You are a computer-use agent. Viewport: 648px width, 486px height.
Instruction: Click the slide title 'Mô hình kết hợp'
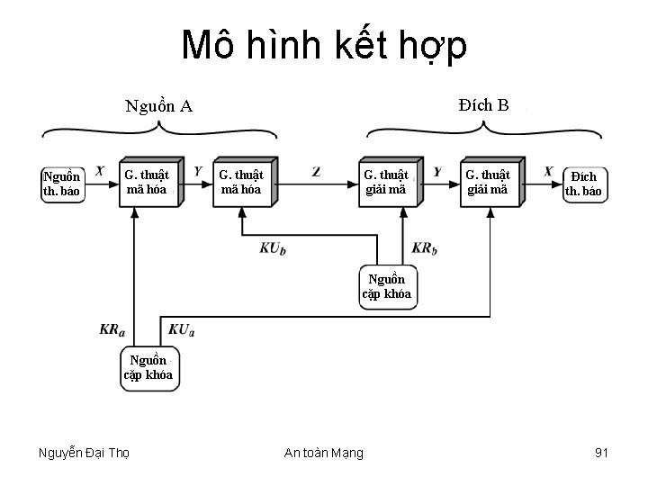tap(324, 46)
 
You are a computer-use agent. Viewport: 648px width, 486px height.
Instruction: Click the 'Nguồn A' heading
tap(159, 106)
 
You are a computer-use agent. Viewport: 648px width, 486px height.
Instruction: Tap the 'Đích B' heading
tap(482, 105)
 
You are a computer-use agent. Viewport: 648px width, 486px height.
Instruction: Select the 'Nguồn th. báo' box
tap(62, 183)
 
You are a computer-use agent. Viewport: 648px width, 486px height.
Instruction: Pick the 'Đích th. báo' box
tap(583, 183)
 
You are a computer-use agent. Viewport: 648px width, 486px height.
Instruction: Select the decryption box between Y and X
tap(488, 181)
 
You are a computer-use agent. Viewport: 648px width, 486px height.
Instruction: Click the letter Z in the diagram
tap(316, 171)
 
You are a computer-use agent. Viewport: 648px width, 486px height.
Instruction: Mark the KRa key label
tap(112, 330)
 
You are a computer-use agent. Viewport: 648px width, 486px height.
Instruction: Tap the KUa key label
tap(180, 330)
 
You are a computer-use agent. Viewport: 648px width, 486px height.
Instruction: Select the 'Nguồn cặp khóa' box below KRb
tap(387, 286)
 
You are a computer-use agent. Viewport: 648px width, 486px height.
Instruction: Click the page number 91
tap(602, 452)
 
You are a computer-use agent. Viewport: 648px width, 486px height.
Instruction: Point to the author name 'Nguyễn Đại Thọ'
tap(85, 453)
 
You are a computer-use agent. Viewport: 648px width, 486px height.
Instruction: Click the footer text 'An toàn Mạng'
tap(325, 453)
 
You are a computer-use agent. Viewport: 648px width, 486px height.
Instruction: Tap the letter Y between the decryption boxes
tap(437, 171)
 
